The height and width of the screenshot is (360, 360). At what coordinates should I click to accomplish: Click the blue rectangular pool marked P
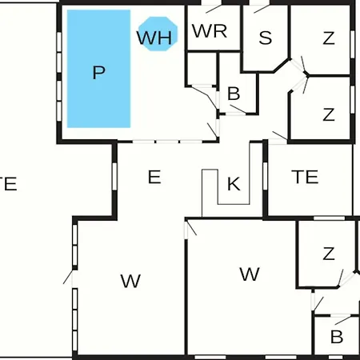point(98,69)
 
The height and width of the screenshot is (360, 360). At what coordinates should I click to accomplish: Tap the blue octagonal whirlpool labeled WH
point(158,34)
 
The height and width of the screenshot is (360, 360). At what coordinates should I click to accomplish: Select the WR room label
point(210,31)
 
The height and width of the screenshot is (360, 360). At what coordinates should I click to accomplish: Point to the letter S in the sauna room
point(266,38)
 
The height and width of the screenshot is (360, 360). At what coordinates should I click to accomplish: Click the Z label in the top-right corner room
point(329,38)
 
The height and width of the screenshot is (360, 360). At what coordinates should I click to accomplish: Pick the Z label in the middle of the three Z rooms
point(329,114)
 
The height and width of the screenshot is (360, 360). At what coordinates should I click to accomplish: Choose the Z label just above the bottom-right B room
point(329,254)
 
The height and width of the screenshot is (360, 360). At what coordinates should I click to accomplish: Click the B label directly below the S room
point(234,94)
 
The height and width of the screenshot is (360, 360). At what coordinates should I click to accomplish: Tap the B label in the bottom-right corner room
point(337,337)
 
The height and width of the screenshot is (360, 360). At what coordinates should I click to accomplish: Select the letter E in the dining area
point(154,177)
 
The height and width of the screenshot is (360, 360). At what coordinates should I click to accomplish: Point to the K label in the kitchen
point(234,184)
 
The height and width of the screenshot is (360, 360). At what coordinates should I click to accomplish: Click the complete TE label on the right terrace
point(305,177)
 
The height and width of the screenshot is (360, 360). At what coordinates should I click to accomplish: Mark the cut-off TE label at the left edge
point(9,184)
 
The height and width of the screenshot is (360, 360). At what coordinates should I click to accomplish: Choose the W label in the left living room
point(130,281)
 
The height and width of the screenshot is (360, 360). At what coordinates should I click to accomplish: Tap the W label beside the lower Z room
point(250,274)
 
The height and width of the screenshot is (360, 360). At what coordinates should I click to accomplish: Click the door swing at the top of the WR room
point(214,9)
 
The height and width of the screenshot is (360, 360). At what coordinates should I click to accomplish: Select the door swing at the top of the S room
point(262,9)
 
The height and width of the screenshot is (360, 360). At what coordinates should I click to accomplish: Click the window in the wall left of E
point(114,176)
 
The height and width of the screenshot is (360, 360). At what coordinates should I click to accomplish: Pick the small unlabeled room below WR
point(202,69)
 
